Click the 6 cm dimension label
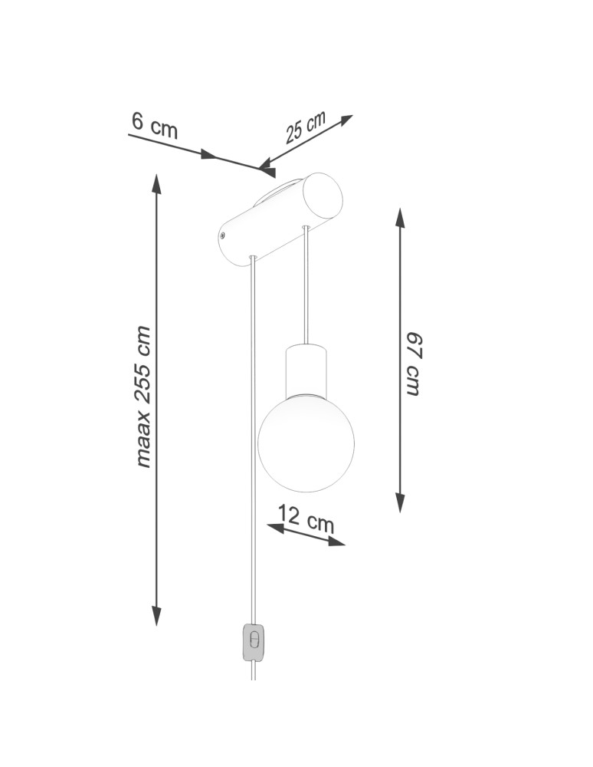[154, 125]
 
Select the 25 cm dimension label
[305, 127]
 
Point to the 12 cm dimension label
[306, 518]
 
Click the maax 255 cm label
[143, 397]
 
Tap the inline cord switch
[254, 641]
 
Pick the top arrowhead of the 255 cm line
[156, 183]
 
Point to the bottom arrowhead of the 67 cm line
[400, 502]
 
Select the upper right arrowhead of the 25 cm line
[346, 120]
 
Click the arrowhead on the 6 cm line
[208, 155]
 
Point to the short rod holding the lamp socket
[306, 284]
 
